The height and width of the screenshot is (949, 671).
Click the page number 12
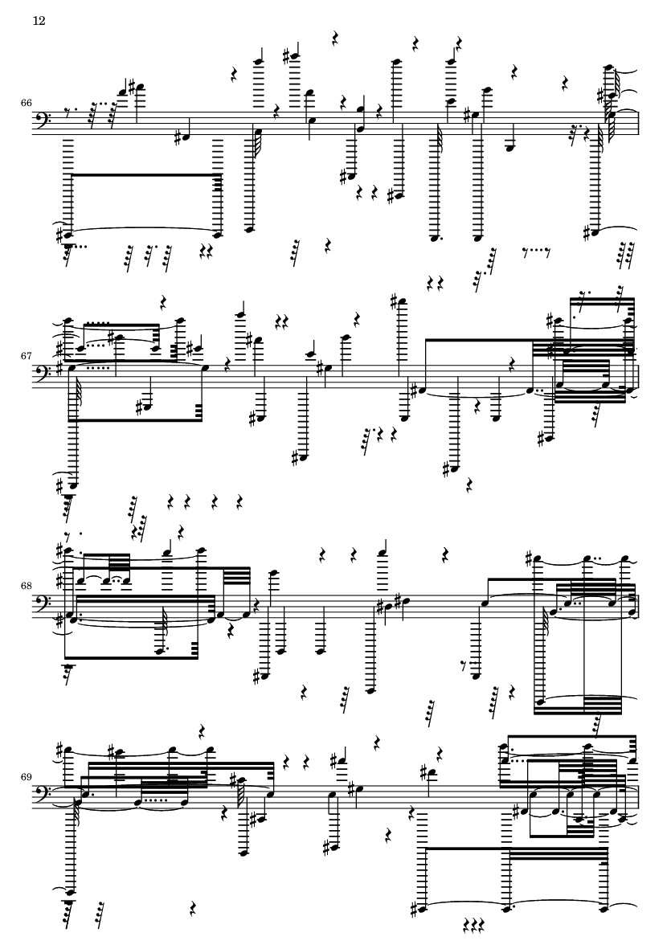coord(39,21)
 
